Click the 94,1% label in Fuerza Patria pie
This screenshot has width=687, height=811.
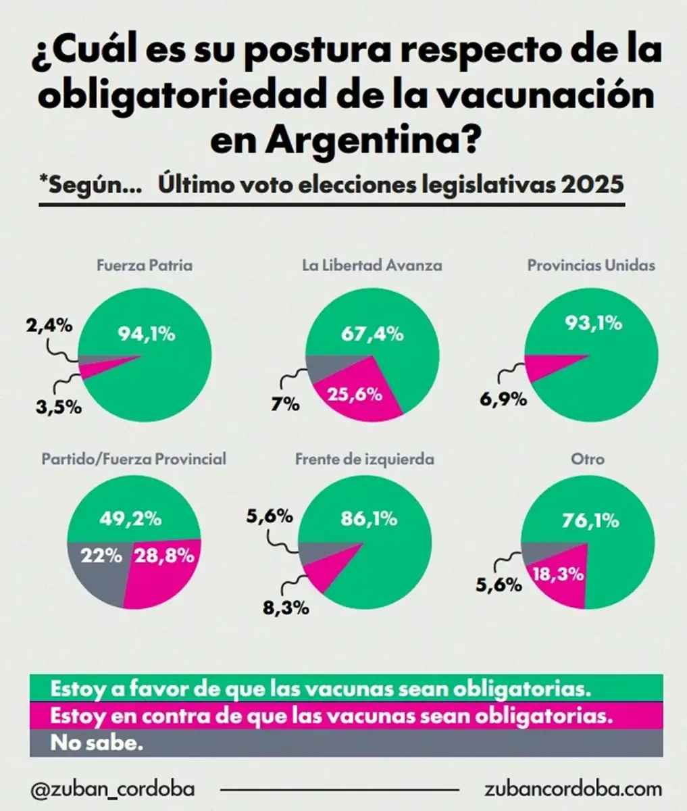click(147, 333)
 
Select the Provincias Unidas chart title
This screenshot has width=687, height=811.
click(590, 266)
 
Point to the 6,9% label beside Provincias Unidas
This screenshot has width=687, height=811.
click(503, 399)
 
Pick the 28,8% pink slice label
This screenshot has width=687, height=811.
click(164, 556)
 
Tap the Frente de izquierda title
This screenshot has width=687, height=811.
click(364, 459)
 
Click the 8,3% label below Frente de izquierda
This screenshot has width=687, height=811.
click(285, 606)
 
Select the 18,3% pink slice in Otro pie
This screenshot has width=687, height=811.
click(559, 574)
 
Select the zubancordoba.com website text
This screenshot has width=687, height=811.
click(573, 789)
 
